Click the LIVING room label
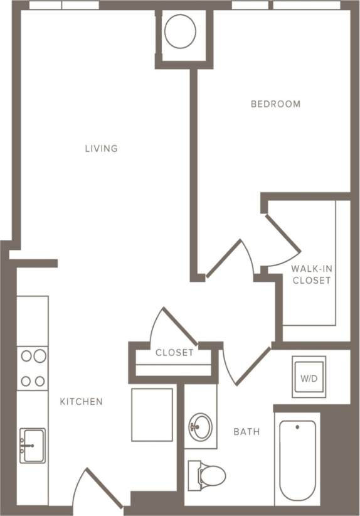(102, 149)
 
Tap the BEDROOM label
(275, 104)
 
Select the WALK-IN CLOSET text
(311, 275)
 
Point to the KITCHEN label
(81, 401)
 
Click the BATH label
(246, 432)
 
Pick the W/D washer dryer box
(309, 378)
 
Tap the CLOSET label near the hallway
(174, 353)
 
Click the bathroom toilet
(206, 475)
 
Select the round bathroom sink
(200, 426)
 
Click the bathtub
(297, 461)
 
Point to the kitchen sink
(32, 445)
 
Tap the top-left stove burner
(26, 357)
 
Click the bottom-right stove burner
(40, 380)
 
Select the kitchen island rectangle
(152, 414)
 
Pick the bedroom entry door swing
(232, 257)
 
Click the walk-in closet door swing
(282, 242)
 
